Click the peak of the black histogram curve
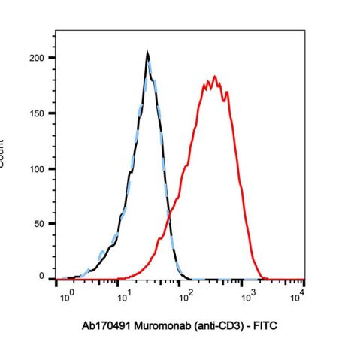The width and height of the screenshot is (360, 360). click(x=148, y=52)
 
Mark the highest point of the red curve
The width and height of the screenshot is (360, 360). click(x=215, y=76)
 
